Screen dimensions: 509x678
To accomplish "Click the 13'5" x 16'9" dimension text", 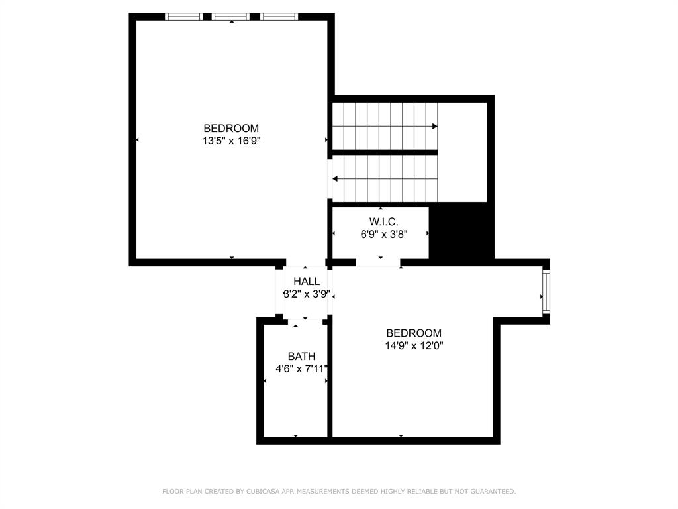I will [x=231, y=141].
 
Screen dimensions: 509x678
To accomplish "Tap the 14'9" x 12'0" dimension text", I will [x=414, y=345].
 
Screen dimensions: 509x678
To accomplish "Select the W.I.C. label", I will [x=384, y=221].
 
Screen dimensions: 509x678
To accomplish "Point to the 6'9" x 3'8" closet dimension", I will [x=384, y=233].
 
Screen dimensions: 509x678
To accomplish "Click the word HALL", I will [x=307, y=282].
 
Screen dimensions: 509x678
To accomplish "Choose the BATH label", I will [x=301, y=357].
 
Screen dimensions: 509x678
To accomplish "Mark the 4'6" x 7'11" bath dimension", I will [x=302, y=368].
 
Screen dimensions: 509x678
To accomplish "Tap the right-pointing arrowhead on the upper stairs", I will [x=434, y=126].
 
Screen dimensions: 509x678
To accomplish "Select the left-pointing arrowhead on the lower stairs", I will [x=336, y=178].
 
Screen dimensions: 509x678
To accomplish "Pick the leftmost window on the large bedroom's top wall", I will [x=183, y=17].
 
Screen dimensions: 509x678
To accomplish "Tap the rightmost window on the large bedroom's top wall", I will [x=279, y=17].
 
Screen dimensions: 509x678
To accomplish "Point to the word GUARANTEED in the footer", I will [x=491, y=492].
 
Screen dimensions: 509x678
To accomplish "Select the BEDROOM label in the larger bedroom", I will [x=231, y=128].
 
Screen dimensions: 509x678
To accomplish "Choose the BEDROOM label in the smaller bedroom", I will [x=414, y=333].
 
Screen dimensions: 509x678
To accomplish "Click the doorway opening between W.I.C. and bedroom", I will [x=378, y=263].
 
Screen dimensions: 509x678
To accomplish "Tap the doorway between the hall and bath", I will [x=305, y=321].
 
